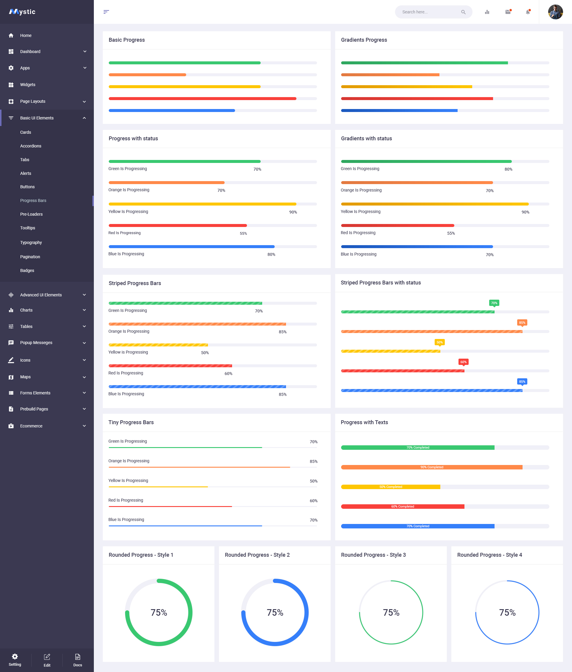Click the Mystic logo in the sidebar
pos(22,12)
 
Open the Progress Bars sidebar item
pos(33,200)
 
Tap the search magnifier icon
pos(463,12)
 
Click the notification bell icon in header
pos(528,12)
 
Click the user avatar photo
pos(555,12)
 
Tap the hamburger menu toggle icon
pos(106,12)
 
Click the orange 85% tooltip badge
pos(522,323)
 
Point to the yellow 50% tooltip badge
pos(439,342)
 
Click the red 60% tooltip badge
pos(463,362)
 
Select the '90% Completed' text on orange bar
pos(432,467)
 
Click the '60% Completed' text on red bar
pos(402,506)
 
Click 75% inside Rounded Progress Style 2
pos(275,612)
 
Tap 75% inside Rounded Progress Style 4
pos(507,612)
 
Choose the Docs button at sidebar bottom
pos(77,660)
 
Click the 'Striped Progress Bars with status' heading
pos(381,283)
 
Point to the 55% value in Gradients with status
pos(451,234)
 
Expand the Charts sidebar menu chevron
pos(84,310)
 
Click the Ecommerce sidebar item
pos(31,426)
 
